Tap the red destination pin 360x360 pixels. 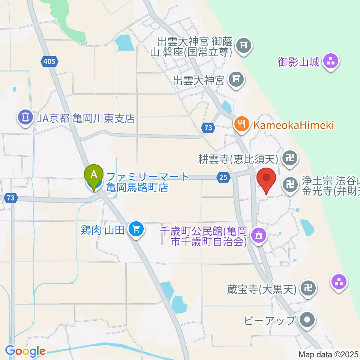(266, 180)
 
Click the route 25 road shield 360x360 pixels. (223, 177)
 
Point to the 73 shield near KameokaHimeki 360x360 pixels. (209, 128)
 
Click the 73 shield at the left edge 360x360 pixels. (11, 198)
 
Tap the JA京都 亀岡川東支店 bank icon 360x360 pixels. (25, 118)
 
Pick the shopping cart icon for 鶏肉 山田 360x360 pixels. (135, 229)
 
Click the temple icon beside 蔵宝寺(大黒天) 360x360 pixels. (308, 289)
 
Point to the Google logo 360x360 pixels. (25, 351)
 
